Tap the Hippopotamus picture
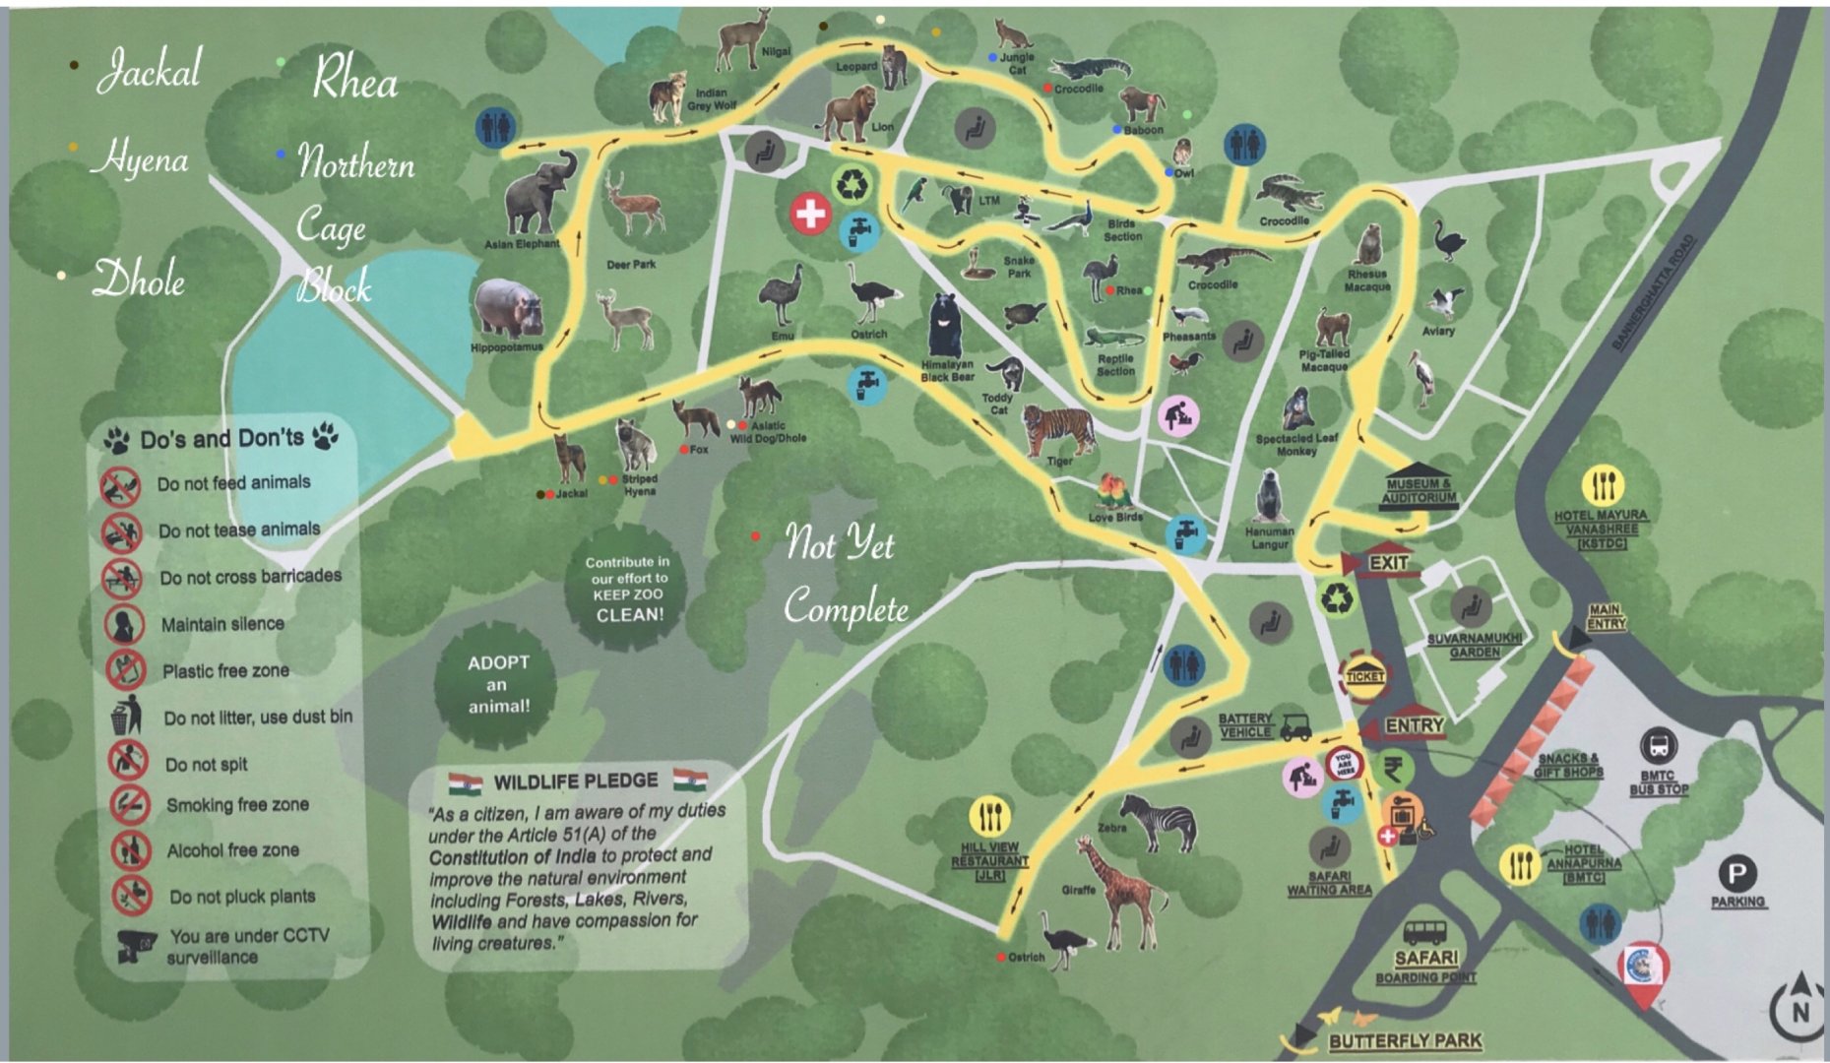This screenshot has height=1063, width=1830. [x=507, y=308]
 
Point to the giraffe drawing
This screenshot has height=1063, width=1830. [x=1120, y=891]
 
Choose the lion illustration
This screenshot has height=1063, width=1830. [x=849, y=112]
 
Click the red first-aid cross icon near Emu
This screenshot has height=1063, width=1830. [x=810, y=213]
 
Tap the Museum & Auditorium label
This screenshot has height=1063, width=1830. [x=1419, y=488]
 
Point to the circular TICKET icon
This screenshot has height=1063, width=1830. [x=1364, y=675]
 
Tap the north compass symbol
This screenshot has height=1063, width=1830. [x=1799, y=1007]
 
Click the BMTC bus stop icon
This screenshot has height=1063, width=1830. [x=1659, y=746]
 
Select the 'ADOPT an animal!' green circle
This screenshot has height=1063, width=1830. [x=498, y=684]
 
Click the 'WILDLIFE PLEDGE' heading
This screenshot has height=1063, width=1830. [x=576, y=782]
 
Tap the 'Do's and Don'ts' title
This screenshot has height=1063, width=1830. [x=221, y=438]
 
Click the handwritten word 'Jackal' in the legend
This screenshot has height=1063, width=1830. [x=150, y=69]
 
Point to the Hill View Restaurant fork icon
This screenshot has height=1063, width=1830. [x=989, y=816]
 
